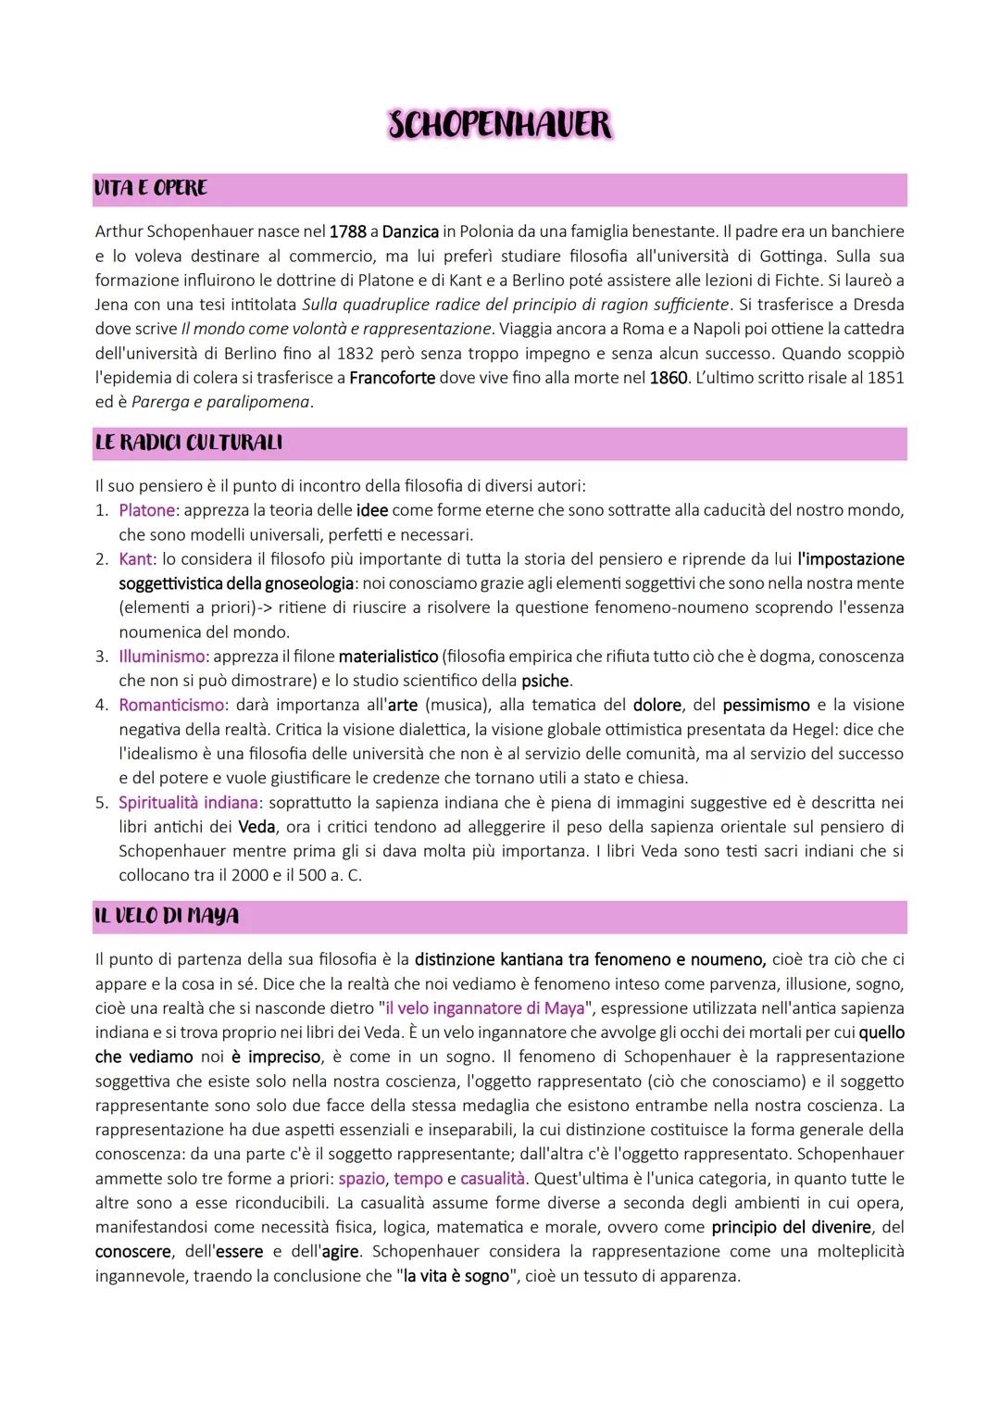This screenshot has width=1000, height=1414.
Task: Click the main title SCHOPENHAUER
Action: tap(500, 125)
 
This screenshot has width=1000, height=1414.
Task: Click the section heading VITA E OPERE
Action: tap(150, 188)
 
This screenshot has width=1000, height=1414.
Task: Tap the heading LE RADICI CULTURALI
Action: tap(188, 443)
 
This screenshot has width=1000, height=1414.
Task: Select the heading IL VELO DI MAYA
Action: tap(167, 916)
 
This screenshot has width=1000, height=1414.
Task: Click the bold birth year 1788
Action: tap(347, 231)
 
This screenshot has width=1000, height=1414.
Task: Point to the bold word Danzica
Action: tap(410, 231)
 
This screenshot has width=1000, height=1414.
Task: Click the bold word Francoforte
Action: tap(393, 378)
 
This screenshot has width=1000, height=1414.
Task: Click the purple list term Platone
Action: tap(146, 510)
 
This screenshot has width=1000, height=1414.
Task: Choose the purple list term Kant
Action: tap(135, 559)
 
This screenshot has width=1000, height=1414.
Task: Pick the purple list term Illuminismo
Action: tap(162, 657)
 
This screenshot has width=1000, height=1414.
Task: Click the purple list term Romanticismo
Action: tap(171, 706)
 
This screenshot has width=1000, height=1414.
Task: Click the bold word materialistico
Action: tap(388, 657)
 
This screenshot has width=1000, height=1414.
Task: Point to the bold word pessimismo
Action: tap(766, 706)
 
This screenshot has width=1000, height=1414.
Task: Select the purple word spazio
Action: tap(361, 1179)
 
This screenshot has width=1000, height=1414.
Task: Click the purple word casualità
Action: tap(492, 1179)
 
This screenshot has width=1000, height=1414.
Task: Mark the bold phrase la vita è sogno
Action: tap(456, 1276)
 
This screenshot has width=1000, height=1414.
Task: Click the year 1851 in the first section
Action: tap(885, 378)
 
